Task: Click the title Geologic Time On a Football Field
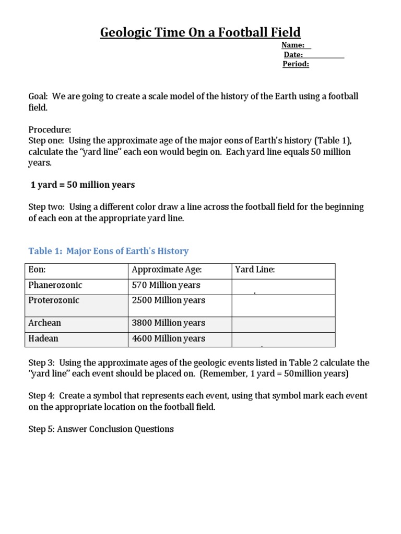[x=200, y=32]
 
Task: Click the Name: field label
[x=293, y=45]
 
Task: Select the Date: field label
[x=293, y=55]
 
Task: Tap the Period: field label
[x=296, y=64]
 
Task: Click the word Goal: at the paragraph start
[x=38, y=97]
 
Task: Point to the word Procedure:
[x=50, y=129]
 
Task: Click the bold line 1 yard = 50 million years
[x=82, y=185]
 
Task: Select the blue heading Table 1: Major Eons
[x=108, y=251]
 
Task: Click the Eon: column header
[x=37, y=270]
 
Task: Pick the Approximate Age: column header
[x=167, y=270]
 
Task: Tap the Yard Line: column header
[x=255, y=270]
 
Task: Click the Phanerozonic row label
[x=55, y=285]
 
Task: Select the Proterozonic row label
[x=54, y=300]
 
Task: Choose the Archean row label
[x=44, y=323]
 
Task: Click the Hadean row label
[x=43, y=338]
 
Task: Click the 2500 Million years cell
[x=168, y=300]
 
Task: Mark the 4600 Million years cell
[x=168, y=338]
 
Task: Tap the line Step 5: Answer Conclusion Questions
[x=101, y=429]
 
